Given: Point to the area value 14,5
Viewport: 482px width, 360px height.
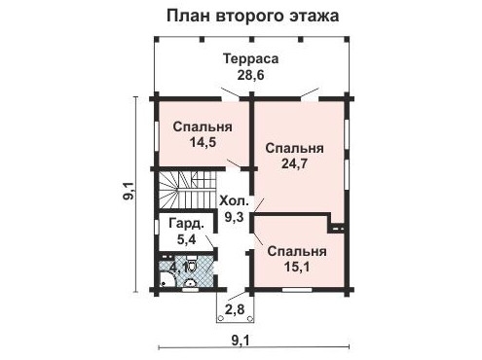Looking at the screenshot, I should point(203,142).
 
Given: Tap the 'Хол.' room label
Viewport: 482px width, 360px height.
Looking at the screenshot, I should point(236,201).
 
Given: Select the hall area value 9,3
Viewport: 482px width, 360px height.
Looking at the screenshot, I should point(237,218).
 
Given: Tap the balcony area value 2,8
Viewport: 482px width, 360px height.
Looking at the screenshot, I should point(235,310).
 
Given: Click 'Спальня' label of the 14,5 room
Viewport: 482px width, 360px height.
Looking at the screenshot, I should point(203,126).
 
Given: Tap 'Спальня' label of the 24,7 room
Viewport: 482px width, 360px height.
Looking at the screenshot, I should point(295,149).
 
